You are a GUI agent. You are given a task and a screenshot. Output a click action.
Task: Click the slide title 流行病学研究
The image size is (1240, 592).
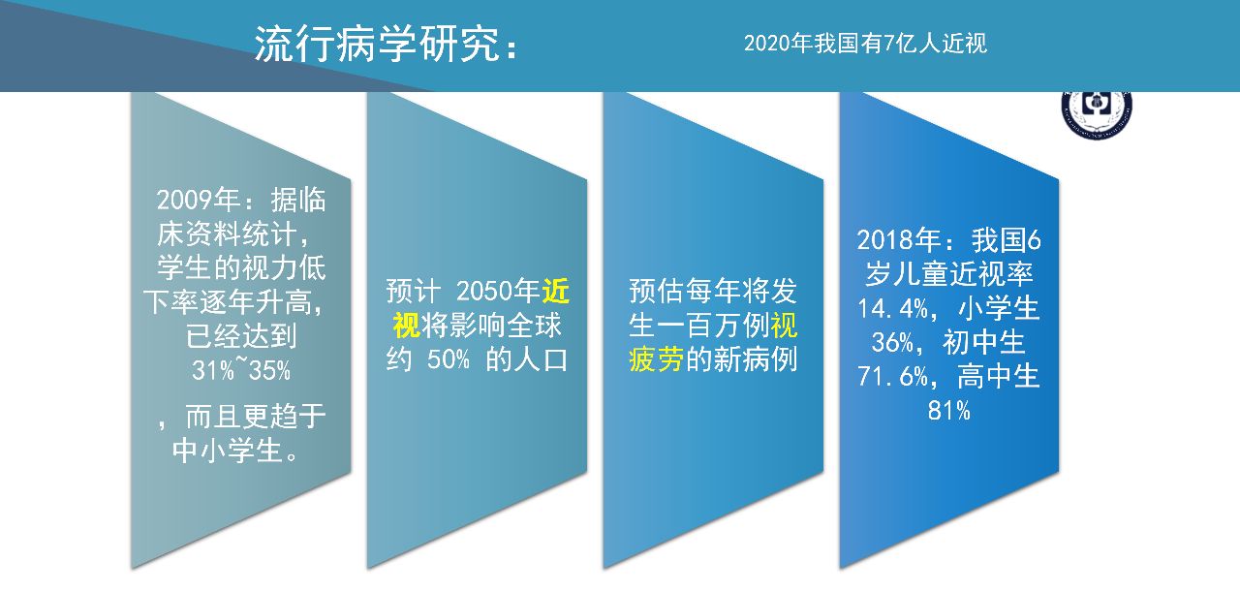click(378, 44)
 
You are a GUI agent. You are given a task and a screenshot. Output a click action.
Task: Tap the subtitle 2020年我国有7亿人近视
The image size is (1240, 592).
click(865, 44)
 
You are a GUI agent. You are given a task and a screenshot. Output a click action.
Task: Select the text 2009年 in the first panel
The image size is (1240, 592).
click(199, 200)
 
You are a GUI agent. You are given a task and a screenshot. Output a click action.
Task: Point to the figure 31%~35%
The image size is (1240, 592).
click(241, 369)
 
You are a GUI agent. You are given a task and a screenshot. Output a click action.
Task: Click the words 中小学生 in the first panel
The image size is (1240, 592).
click(228, 451)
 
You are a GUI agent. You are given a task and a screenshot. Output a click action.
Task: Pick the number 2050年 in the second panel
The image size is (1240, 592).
click(498, 290)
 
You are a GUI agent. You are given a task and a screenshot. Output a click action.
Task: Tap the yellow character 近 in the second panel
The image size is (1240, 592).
click(555, 290)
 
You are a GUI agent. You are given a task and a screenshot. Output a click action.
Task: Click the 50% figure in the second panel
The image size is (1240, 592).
click(449, 359)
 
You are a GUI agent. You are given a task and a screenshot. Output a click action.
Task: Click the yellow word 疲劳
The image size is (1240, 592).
click(657, 359)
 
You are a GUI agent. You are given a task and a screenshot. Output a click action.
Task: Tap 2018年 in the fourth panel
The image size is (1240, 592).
click(898, 239)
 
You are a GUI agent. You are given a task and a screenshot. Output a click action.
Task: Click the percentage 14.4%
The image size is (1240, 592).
click(892, 308)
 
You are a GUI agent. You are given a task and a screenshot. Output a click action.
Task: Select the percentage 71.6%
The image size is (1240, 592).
click(892, 377)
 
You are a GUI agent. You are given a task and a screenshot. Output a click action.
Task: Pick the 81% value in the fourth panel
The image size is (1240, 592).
click(948, 411)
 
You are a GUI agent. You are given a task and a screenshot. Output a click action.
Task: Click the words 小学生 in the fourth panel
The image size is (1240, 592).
click(998, 308)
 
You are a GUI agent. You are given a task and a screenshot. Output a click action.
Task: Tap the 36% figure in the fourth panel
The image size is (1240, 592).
click(892, 342)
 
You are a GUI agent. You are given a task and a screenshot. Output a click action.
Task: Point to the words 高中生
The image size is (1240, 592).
click(998, 377)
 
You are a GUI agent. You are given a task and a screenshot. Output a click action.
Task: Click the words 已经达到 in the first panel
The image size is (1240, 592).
click(241, 335)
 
